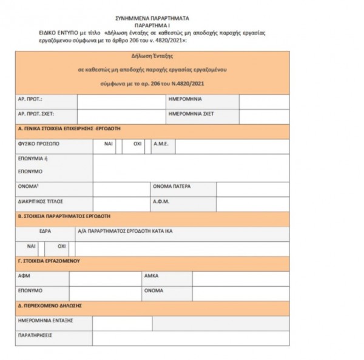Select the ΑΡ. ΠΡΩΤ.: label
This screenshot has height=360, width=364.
pos(30,98)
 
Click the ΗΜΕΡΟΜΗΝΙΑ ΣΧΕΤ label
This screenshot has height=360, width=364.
pos(191,113)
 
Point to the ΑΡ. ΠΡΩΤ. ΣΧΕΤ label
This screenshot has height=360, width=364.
pos(35,113)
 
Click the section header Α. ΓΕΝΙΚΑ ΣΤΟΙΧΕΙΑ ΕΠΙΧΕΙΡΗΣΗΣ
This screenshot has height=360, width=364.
pos(70,130)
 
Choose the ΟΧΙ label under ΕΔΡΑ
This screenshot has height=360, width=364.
pos(61,247)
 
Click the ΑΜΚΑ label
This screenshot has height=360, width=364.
pos(152,276)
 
